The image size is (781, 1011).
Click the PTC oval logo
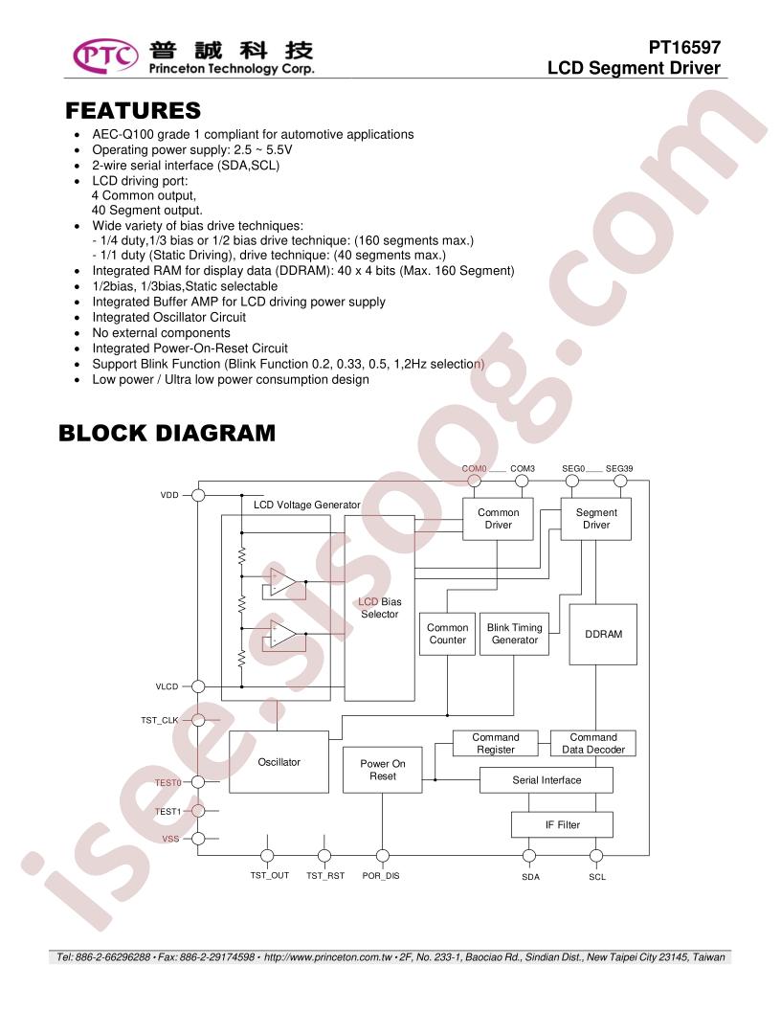[105, 56]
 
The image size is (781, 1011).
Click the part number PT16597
[684, 47]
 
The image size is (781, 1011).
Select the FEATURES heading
[133, 110]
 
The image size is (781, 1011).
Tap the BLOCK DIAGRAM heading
[167, 433]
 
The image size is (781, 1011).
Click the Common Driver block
[498, 519]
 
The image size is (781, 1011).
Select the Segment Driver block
[596, 519]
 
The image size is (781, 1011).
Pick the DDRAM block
[603, 635]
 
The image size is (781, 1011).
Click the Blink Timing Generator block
[514, 634]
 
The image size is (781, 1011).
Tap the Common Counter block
[447, 634]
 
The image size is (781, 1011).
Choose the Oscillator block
[279, 762]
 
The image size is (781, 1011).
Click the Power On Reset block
[383, 770]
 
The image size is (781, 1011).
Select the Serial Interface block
[547, 780]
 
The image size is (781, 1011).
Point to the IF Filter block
[563, 824]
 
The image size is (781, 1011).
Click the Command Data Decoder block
[592, 744]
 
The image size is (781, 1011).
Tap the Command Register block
[496, 744]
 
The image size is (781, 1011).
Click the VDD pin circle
[198, 495]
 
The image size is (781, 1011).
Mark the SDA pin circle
[529, 856]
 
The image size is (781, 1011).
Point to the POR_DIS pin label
[381, 876]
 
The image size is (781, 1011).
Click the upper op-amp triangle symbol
[283, 581]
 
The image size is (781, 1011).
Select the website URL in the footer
[328, 957]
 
